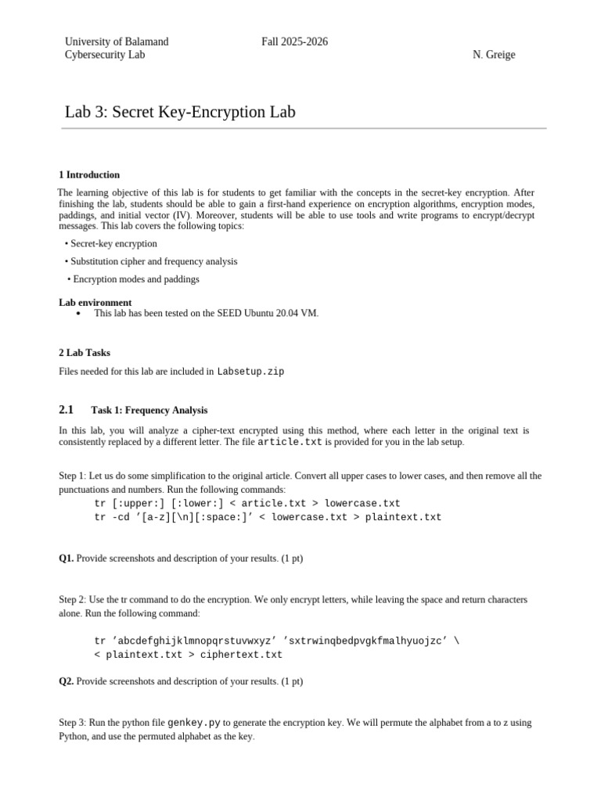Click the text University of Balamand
coord(116,41)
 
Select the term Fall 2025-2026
coord(294,41)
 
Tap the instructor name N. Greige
coord(494,55)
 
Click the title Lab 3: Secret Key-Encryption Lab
coord(180,112)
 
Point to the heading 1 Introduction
coord(89,174)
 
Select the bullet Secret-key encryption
coord(113,243)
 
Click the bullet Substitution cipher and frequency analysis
coord(153,261)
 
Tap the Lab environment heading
coord(95,302)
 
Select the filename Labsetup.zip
coord(250,372)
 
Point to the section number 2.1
coord(66,409)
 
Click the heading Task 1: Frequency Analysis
coord(149,410)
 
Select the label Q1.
coord(67,558)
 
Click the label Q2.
coord(67,681)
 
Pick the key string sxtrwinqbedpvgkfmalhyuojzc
coord(367,641)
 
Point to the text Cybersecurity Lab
coord(104,55)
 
